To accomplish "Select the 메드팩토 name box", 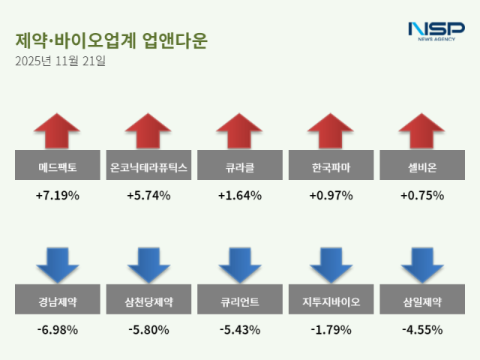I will (x=57, y=166).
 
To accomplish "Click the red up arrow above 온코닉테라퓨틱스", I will (x=148, y=130).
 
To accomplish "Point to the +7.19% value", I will (x=57, y=196).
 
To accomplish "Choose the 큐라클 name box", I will (x=240, y=166).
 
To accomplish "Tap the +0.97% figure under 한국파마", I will (x=331, y=196).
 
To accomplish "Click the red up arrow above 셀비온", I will (x=422, y=130).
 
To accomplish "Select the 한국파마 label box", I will (x=331, y=166).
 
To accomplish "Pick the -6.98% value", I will (x=57, y=329).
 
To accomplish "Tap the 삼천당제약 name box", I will (x=148, y=302).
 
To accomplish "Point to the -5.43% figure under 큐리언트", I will (x=240, y=329).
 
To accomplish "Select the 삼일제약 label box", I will (x=422, y=302).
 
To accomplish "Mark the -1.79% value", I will (x=331, y=329).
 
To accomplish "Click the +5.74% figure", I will (x=148, y=196).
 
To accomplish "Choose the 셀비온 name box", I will (x=422, y=166).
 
